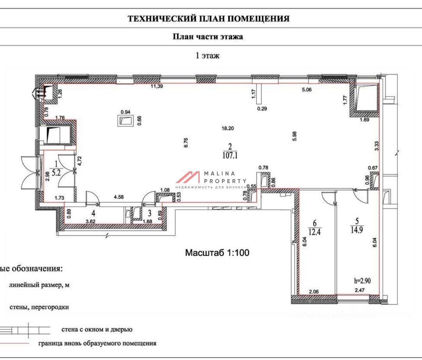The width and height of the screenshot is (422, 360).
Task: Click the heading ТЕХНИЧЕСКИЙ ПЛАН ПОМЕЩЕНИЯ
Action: click(x=209, y=18)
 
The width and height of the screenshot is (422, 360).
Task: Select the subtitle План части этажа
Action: click(x=208, y=37)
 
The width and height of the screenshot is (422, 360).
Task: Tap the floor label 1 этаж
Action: click(x=207, y=55)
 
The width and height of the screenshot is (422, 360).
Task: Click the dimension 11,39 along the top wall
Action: click(x=157, y=86)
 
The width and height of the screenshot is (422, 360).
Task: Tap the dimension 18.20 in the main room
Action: click(x=228, y=128)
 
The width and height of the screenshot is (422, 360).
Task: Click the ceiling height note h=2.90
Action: click(x=362, y=281)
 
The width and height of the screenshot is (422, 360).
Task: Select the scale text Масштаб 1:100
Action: click(x=217, y=253)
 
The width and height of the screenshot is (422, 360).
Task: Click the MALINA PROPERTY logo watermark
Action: click(x=211, y=180)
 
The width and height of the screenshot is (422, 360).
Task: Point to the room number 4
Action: click(x=93, y=213)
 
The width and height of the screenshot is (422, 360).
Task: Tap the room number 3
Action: click(x=149, y=213)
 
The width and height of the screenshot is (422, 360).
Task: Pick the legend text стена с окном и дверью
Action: click(x=97, y=330)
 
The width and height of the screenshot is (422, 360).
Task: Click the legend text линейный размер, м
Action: click(x=39, y=285)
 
